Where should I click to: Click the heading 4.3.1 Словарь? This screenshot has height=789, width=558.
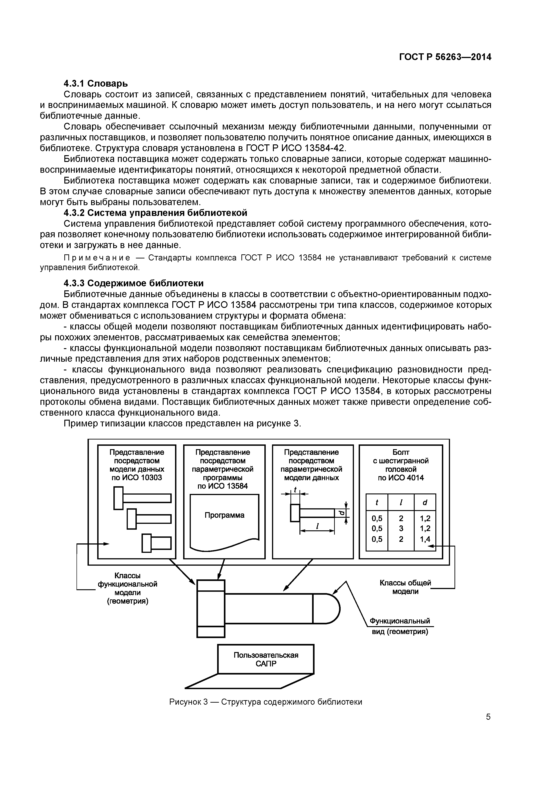[x=96, y=83]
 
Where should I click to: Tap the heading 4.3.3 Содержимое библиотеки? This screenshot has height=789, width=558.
[x=133, y=283]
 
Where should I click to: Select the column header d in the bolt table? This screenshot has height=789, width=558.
[x=425, y=503]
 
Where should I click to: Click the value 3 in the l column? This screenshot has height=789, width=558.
[x=401, y=529]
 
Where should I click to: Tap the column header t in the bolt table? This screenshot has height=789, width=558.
[x=377, y=503]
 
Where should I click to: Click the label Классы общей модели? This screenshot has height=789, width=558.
[x=405, y=587]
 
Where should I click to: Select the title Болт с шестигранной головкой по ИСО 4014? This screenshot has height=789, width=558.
[x=400, y=465]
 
